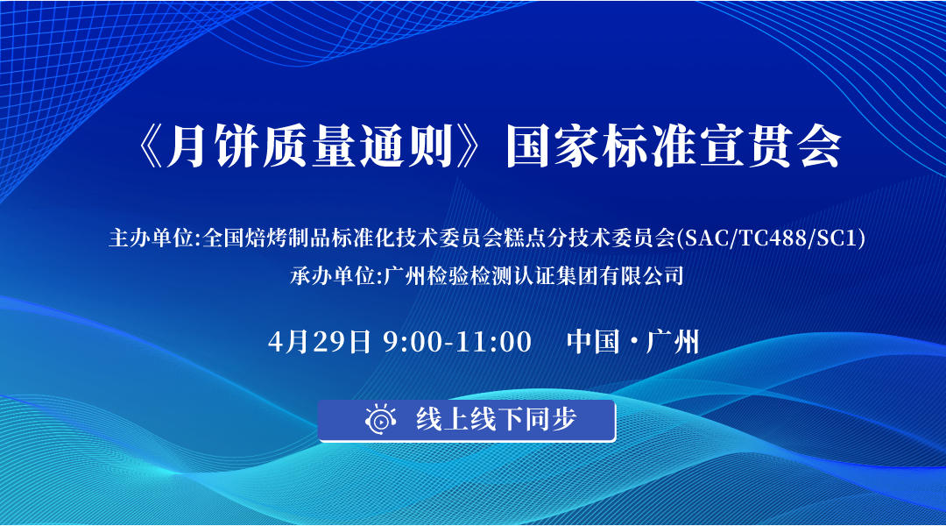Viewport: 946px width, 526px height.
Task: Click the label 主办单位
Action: click(152, 238)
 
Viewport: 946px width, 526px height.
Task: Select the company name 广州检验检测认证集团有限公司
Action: click(533, 276)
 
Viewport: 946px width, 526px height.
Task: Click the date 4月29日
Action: click(321, 341)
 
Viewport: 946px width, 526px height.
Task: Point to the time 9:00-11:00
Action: click(457, 341)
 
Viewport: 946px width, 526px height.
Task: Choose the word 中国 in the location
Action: click(588, 341)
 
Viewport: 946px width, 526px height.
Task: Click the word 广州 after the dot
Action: click(673, 341)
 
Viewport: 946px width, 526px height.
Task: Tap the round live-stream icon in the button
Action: click(380, 420)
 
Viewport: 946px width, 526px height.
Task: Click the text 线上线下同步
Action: click(496, 420)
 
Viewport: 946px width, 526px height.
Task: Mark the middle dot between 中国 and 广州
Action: click(631, 341)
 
